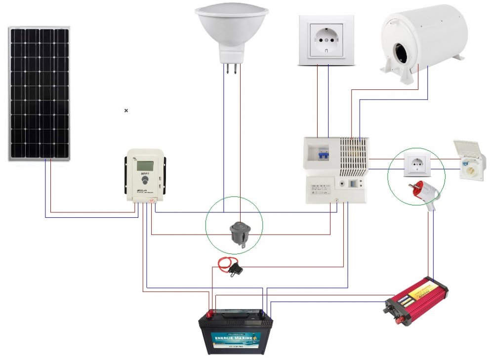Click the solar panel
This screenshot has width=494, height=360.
click(39, 93)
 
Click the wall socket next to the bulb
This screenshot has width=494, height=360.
click(326, 40)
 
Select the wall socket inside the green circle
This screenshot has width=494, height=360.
click(417, 164)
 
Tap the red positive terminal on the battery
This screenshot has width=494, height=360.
click(209, 313)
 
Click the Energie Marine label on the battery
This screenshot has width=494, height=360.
click(236, 338)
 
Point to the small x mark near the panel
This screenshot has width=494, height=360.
click(126, 111)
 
